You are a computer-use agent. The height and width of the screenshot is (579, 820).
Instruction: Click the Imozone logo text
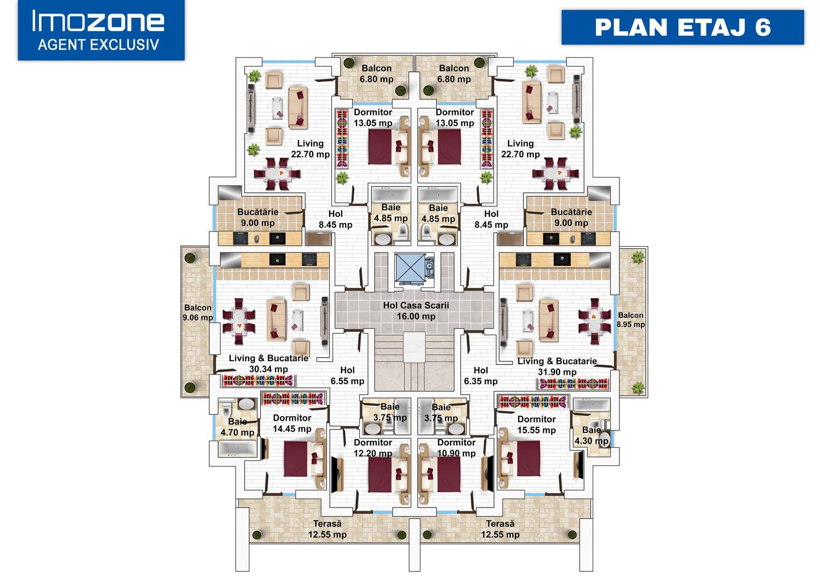click(x=98, y=21)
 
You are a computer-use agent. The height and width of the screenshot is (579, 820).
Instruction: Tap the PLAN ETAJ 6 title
click(x=683, y=27)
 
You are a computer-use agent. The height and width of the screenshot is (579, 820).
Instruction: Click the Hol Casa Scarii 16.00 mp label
click(x=416, y=311)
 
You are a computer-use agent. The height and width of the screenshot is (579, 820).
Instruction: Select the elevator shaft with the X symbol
click(x=409, y=267)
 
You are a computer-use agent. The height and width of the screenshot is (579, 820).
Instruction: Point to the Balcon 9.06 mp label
click(x=198, y=313)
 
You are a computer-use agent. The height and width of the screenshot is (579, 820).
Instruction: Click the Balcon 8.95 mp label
click(x=630, y=320)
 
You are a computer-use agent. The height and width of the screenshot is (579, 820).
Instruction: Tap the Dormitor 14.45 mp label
click(x=292, y=423)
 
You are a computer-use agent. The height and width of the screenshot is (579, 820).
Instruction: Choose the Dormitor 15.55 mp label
click(x=536, y=425)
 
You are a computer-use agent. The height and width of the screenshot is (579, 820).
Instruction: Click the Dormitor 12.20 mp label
click(x=373, y=448)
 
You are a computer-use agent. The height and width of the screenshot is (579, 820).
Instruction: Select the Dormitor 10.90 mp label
click(x=456, y=448)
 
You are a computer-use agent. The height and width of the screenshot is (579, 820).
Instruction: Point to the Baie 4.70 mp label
click(x=237, y=427)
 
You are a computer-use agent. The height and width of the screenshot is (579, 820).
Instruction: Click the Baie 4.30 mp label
click(x=591, y=435)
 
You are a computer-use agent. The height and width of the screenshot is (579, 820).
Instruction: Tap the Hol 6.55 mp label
click(x=347, y=375)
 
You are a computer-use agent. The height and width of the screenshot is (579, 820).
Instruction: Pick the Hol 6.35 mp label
click(x=481, y=376)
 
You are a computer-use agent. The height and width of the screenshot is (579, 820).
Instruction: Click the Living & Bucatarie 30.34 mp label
click(x=268, y=363)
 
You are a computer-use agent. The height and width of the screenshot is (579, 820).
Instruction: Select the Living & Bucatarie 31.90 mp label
click(x=557, y=366)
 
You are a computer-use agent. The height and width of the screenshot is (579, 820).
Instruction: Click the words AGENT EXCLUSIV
click(x=99, y=44)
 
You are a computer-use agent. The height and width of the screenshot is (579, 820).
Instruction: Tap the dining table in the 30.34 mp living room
click(x=239, y=321)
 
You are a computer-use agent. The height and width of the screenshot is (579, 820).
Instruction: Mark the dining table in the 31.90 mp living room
click(x=595, y=321)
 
